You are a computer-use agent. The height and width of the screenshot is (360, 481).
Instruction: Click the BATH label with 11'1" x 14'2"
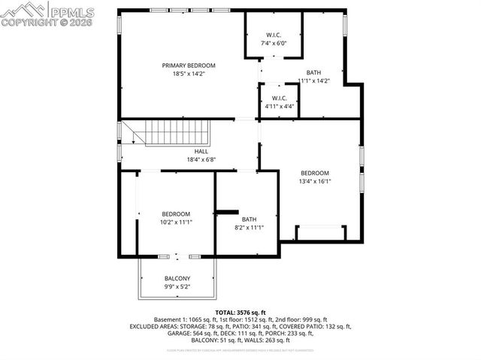tap(314, 72)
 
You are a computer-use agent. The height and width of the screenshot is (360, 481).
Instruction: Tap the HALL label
tap(201, 151)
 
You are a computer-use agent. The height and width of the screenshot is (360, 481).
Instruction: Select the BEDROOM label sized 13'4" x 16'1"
tap(315, 173)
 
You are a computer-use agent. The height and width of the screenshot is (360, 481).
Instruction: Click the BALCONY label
tap(177, 279)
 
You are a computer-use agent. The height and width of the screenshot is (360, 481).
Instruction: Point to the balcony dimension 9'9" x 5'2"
tap(177, 287)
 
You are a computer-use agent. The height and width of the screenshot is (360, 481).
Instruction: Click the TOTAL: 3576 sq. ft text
tap(240, 312)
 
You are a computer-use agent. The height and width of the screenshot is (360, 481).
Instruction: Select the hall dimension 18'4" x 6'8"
tap(201, 160)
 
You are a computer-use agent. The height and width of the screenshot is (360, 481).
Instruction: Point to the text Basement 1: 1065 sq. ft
tap(186, 319)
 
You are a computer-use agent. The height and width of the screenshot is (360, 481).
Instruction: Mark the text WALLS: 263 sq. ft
tap(272, 340)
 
